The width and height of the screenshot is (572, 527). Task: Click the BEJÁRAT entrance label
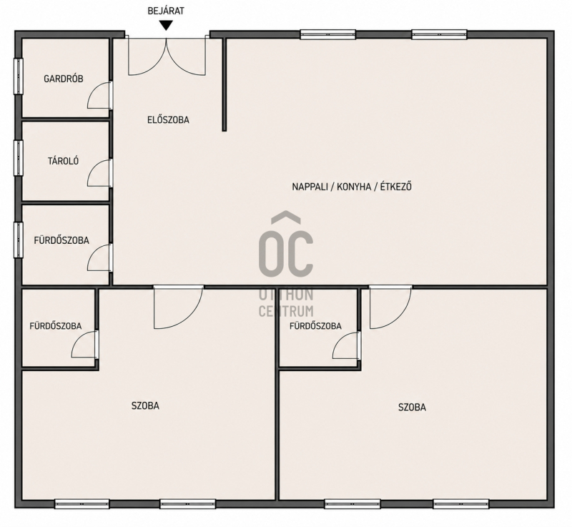(x=166, y=11)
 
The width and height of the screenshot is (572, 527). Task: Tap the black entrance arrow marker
(x=167, y=26)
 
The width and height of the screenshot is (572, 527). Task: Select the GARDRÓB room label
(x=64, y=79)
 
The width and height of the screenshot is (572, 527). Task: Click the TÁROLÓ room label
(x=64, y=161)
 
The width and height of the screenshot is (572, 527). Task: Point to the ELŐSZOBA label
(x=168, y=119)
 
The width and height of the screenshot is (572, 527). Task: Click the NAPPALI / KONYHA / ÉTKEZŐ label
(x=352, y=187)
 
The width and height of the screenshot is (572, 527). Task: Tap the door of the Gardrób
(x=99, y=95)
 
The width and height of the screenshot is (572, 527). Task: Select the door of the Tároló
(x=99, y=173)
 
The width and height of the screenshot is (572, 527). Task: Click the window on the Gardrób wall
(x=19, y=76)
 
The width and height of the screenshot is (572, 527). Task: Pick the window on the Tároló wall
(x=19, y=158)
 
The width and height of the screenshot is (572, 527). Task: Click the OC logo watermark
(x=286, y=244)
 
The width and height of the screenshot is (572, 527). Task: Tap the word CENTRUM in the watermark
(x=286, y=311)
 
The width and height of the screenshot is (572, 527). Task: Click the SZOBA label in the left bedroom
(x=145, y=405)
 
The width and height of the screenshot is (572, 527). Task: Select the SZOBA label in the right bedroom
(x=413, y=407)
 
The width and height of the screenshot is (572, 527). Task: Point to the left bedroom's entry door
(x=178, y=307)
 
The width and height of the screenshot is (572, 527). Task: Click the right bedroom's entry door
(x=390, y=307)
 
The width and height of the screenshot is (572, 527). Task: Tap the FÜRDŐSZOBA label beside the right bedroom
(x=315, y=326)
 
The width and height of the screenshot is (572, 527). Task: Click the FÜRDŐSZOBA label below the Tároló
(x=61, y=240)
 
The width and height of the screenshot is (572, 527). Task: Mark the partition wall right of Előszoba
(x=225, y=84)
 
